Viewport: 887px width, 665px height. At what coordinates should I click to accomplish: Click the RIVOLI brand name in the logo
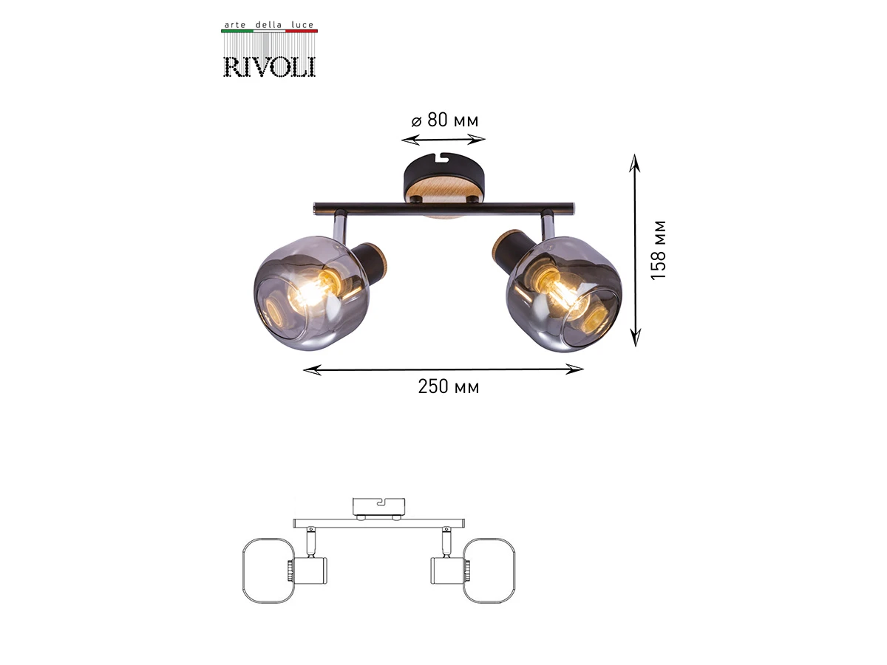269,67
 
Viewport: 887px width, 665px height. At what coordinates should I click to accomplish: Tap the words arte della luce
269,24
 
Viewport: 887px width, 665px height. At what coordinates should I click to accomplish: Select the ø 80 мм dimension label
444,120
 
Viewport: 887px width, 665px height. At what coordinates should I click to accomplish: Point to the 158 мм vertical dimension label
658,250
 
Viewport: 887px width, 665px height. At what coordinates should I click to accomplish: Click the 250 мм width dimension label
449,386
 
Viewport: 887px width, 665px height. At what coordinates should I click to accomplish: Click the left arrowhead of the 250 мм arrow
312,369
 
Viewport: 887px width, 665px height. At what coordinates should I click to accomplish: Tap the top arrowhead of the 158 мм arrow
635,163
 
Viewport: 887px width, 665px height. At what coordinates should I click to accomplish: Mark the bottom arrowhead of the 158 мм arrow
635,338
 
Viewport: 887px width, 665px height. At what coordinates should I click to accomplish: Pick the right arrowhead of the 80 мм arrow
477,140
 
